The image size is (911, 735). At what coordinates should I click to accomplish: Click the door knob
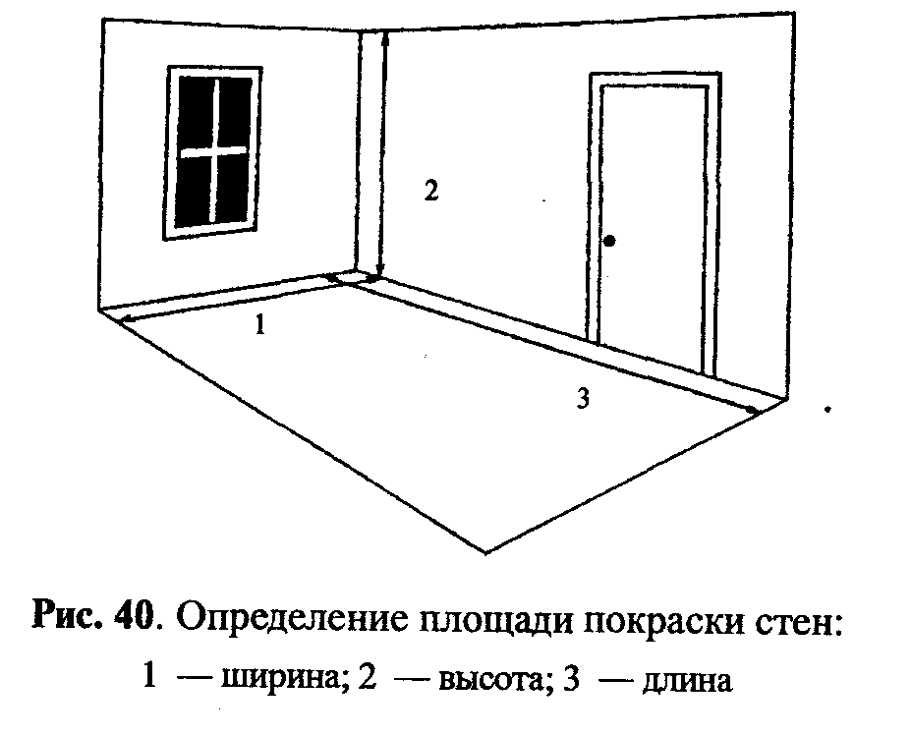[610, 241]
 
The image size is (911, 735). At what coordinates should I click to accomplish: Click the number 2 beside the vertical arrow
[429, 190]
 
